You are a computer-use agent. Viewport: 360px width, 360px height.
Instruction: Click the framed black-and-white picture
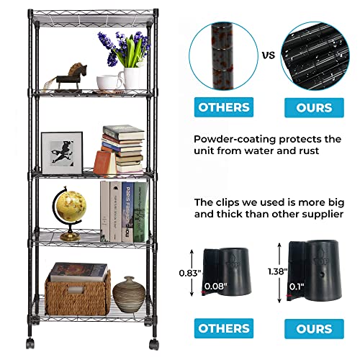[x=61, y=153]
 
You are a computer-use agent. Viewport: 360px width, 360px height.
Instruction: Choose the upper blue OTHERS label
[x=223, y=107]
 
